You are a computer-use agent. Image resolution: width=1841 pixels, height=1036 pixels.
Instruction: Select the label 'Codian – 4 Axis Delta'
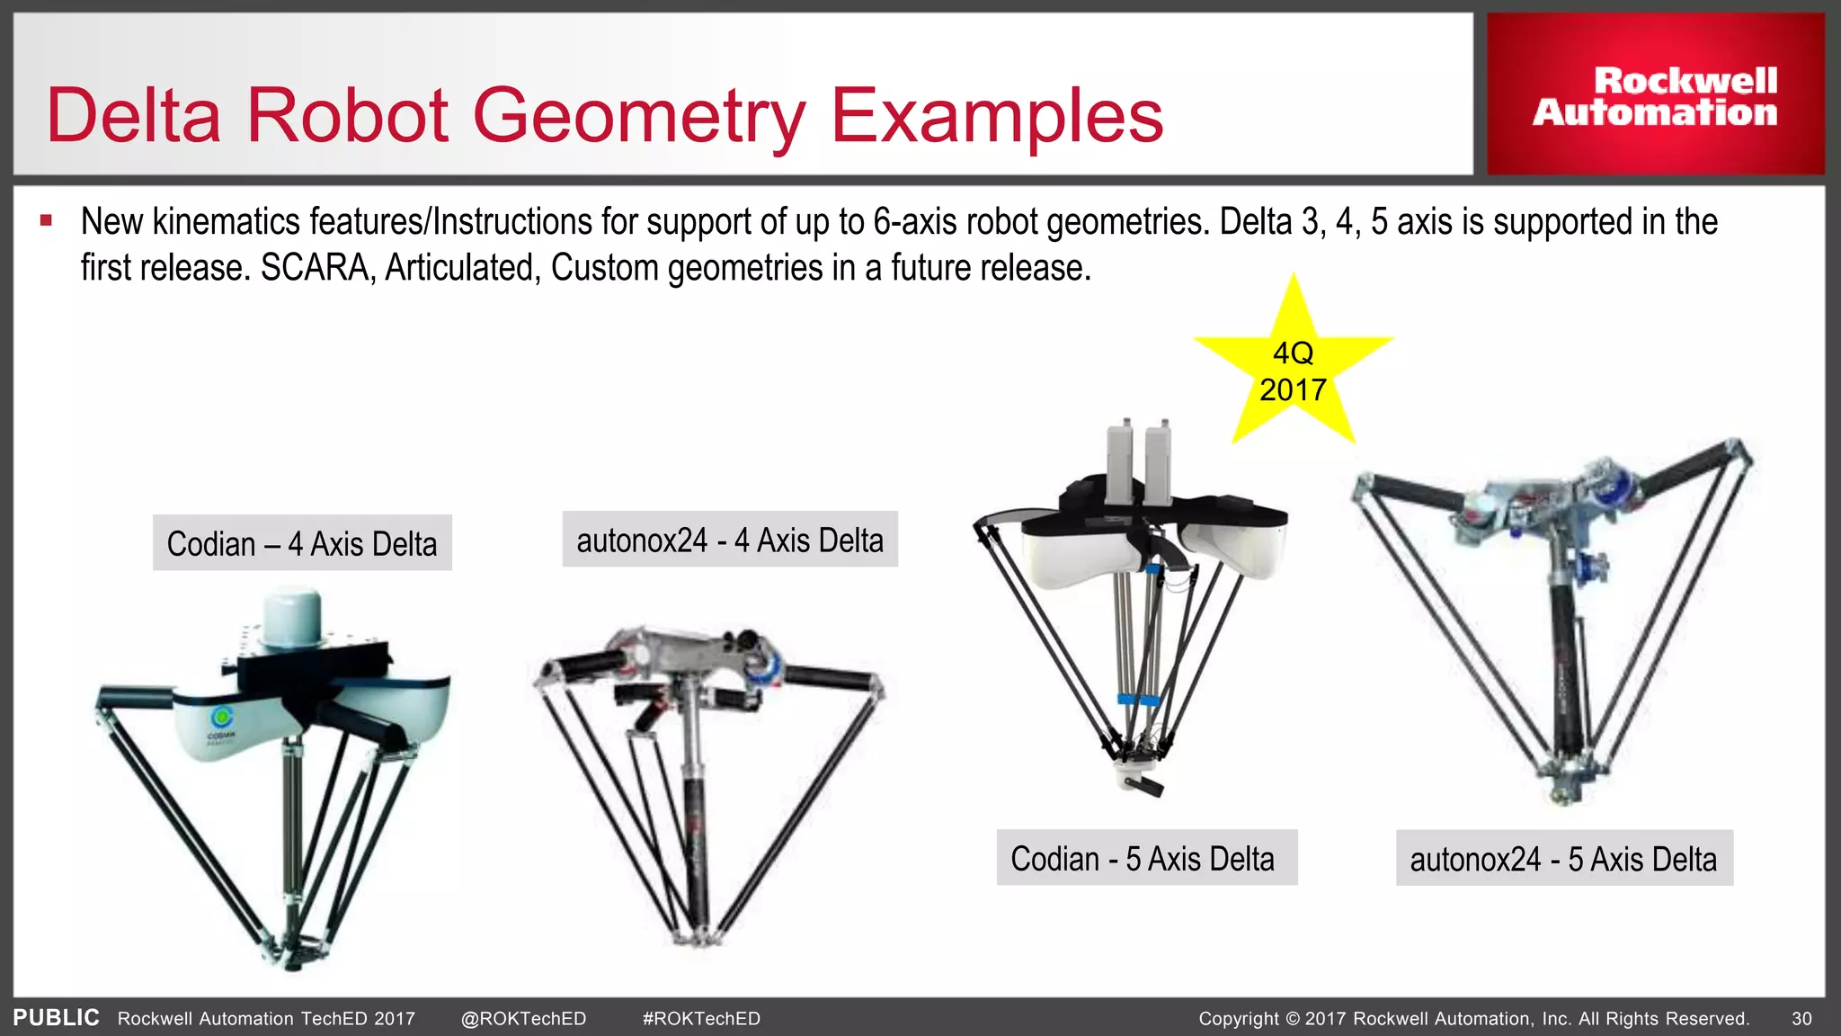click(302, 543)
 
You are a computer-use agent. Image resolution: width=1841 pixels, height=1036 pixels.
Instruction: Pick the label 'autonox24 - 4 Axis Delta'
click(730, 540)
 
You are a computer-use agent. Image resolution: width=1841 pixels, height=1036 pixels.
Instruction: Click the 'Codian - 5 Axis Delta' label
click(1146, 858)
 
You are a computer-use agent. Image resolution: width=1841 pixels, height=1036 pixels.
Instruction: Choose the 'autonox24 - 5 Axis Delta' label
click(1563, 859)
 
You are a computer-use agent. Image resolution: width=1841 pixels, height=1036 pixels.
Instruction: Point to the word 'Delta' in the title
click(133, 116)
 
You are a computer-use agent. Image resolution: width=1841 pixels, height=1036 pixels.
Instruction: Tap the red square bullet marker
click(47, 220)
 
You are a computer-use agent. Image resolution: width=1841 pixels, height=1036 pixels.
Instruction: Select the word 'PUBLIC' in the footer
click(56, 1018)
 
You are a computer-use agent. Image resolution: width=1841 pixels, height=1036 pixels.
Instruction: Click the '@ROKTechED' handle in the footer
click(523, 1019)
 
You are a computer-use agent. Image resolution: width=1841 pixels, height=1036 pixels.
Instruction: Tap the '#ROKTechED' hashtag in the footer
click(701, 1019)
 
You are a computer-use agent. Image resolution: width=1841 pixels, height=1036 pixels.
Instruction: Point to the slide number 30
click(1801, 1019)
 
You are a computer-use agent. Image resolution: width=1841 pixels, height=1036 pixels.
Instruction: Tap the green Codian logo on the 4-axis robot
click(221, 719)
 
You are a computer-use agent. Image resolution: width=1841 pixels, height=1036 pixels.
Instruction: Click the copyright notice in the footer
click(1473, 1019)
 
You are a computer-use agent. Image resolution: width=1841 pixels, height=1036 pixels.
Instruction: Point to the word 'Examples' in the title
click(997, 116)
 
